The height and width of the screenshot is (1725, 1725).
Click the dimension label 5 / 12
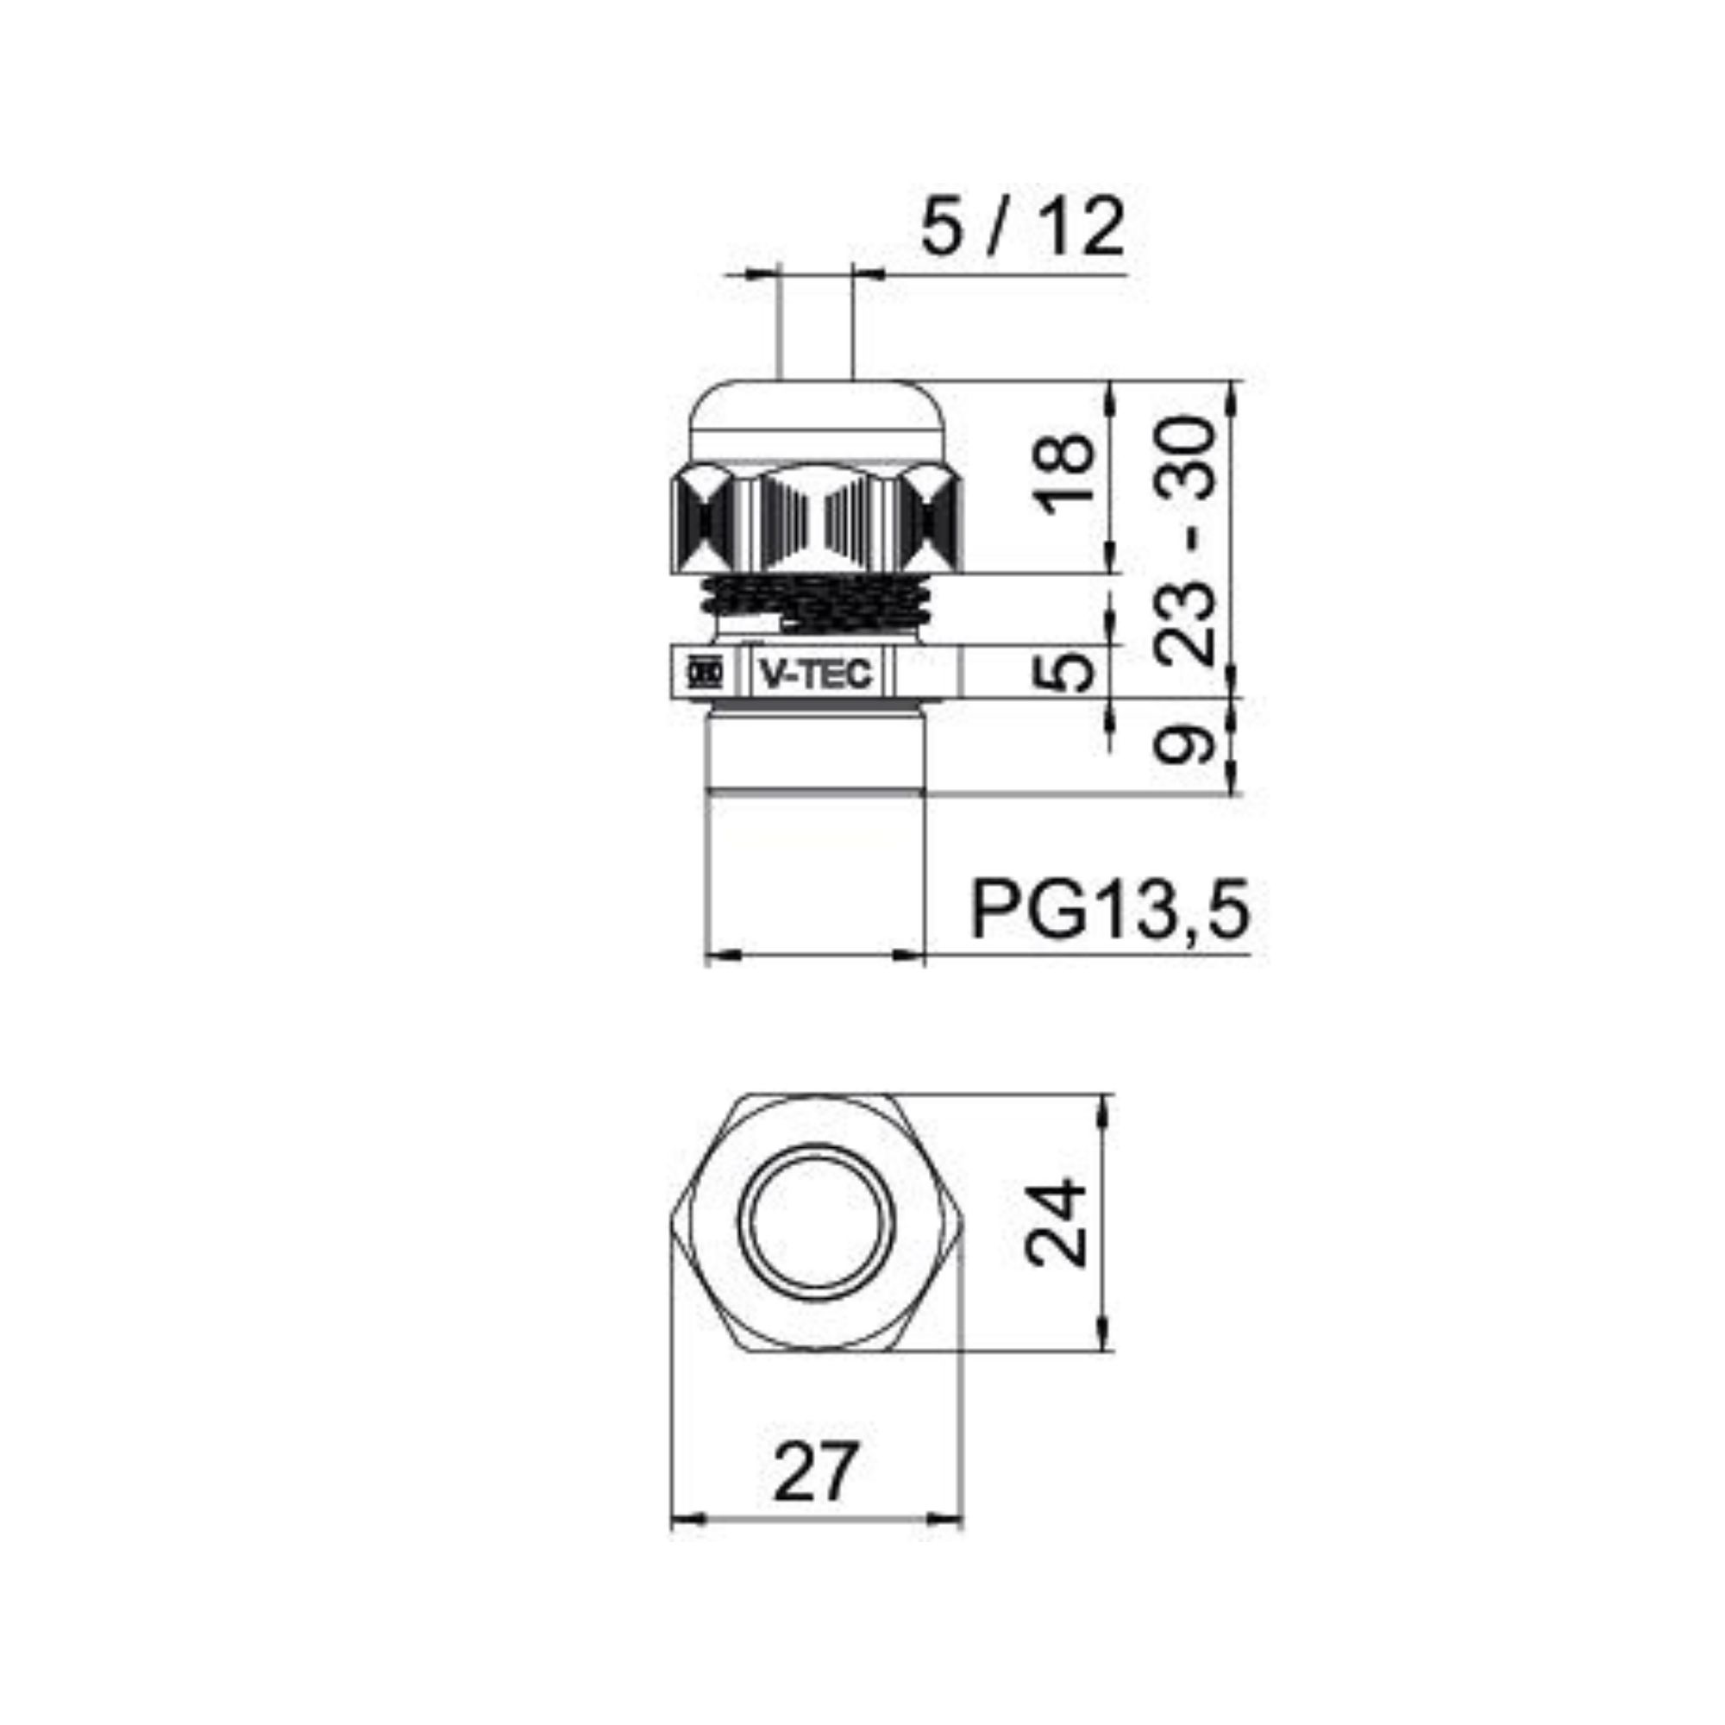tap(1021, 228)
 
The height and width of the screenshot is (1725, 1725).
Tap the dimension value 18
tap(1064, 474)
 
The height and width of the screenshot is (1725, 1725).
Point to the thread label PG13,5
tap(1109, 909)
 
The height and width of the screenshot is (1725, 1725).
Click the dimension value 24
tap(1057, 1223)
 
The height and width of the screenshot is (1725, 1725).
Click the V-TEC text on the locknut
tap(814, 674)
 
